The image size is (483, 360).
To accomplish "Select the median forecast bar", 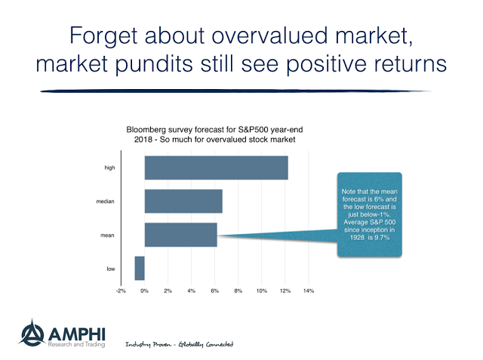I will coord(183,201).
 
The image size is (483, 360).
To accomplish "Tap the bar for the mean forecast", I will coord(180,235).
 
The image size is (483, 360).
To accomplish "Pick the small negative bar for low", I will coord(140,268).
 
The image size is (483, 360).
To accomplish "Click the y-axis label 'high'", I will coord(109,168).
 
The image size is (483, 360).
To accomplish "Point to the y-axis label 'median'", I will coord(106,202).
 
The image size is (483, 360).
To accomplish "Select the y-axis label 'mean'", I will coord(109,235).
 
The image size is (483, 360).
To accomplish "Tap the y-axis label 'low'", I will coord(110,268).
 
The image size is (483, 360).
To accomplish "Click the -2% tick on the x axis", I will coord(121,291).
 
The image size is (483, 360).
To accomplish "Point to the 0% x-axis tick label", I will coord(144,291).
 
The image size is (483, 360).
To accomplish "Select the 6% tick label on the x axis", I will coord(215,291).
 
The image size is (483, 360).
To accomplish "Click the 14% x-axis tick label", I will coord(309,291).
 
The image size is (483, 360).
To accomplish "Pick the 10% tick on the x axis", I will coord(262,291).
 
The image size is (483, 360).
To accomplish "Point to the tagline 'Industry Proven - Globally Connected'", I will coord(179,344).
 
